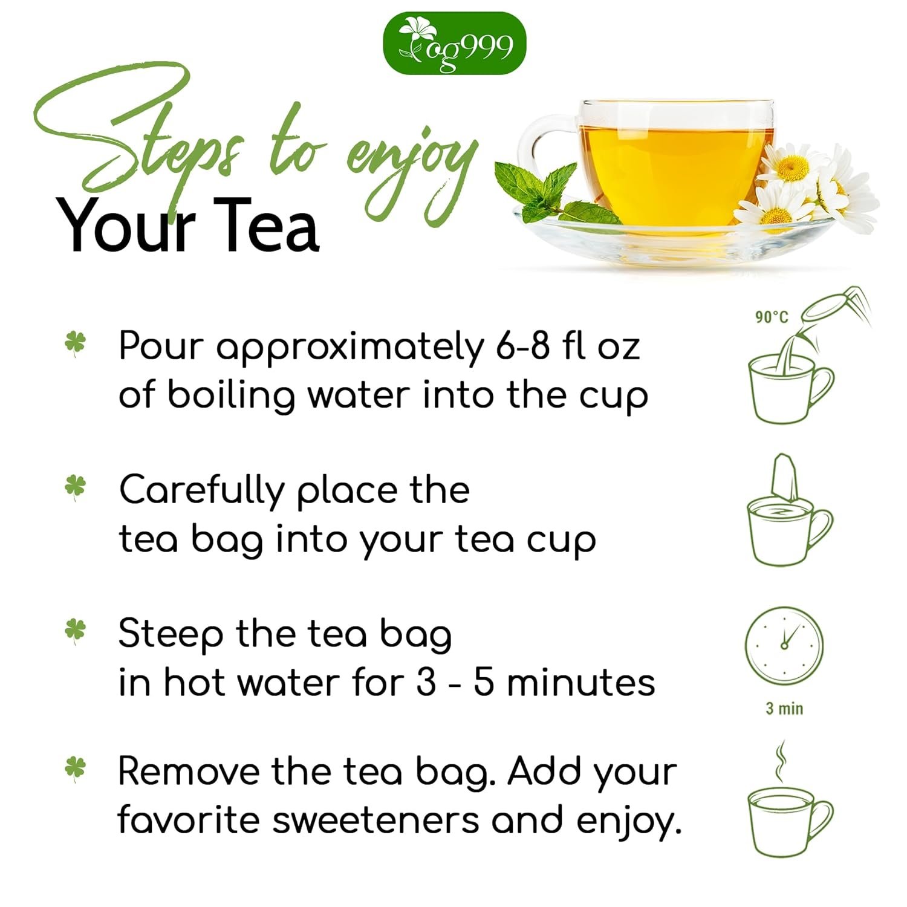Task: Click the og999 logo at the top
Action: pyautogui.click(x=455, y=44)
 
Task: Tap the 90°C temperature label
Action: pyautogui.click(x=772, y=317)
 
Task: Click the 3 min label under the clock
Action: pyautogui.click(x=784, y=708)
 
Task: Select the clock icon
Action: pyautogui.click(x=784, y=645)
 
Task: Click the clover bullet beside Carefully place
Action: pyautogui.click(x=76, y=487)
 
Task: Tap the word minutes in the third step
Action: pyautogui.click(x=580, y=683)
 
